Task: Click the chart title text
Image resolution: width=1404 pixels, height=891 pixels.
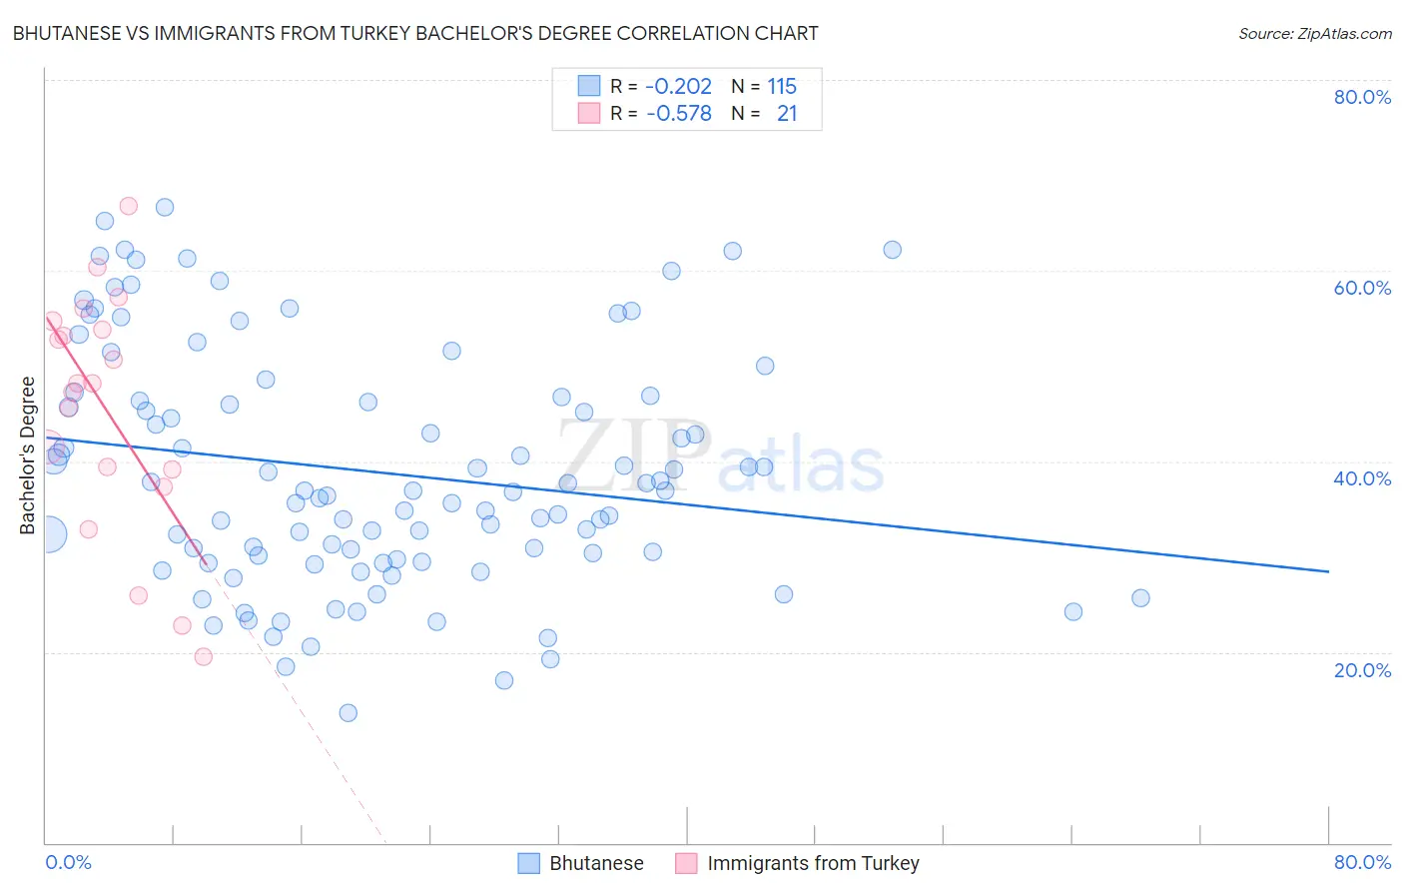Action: click(415, 34)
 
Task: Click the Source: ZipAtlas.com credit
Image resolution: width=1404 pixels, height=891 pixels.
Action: click(1314, 34)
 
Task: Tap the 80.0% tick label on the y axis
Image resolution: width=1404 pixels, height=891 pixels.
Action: click(1362, 97)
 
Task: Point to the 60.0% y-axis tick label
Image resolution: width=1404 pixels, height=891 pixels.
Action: click(1362, 288)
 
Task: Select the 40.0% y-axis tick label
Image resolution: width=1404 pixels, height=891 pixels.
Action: click(1362, 478)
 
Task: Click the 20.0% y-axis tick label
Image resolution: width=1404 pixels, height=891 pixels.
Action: click(1362, 670)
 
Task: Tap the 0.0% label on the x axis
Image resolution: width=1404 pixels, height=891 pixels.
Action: click(68, 862)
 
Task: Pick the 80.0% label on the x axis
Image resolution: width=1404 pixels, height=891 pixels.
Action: click(1362, 862)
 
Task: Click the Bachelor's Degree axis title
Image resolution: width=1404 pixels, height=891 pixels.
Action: click(28, 455)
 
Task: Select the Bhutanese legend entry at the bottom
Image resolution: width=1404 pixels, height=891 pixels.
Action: click(596, 863)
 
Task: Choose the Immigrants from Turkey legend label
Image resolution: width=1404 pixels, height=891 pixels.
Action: click(813, 863)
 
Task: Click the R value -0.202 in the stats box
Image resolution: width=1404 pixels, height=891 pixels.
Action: click(678, 87)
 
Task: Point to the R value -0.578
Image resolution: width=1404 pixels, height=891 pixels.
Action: click(678, 114)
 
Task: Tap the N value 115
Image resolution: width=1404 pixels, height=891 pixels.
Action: click(782, 87)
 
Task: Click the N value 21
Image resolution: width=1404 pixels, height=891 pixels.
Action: click(787, 114)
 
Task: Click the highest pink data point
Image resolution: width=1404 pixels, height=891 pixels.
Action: click(128, 206)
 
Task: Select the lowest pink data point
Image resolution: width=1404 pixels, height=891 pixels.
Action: click(203, 656)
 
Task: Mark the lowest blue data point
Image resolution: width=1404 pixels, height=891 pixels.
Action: click(348, 713)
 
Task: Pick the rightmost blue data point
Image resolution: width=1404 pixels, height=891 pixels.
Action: click(1140, 598)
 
